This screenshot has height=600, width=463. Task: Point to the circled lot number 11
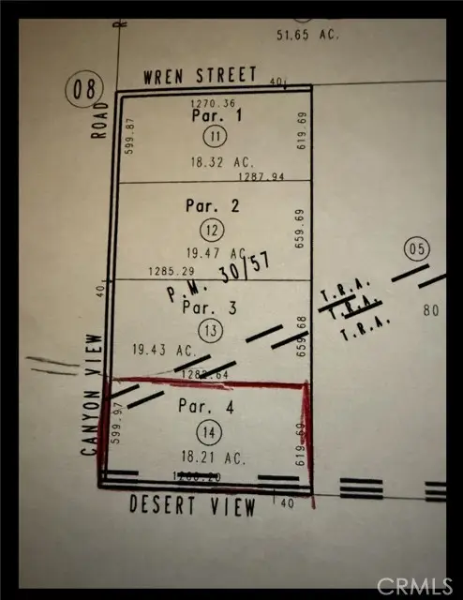coord(216,137)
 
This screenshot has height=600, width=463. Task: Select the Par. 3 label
coord(205,307)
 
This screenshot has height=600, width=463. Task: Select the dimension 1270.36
coord(210,103)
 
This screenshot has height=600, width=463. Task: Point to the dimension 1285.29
coord(170,273)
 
